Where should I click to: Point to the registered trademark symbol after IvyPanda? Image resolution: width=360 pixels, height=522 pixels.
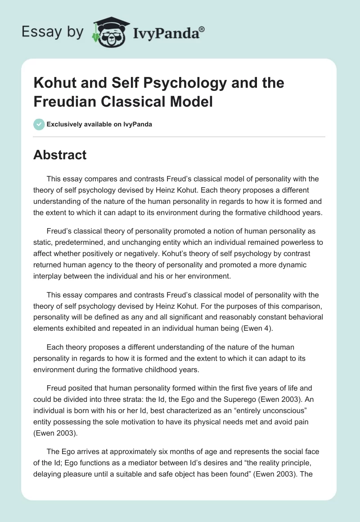pos(202,28)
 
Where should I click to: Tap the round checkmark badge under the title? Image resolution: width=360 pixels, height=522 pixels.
pos(39,124)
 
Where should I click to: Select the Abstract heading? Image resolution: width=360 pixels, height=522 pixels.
pos(60,155)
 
